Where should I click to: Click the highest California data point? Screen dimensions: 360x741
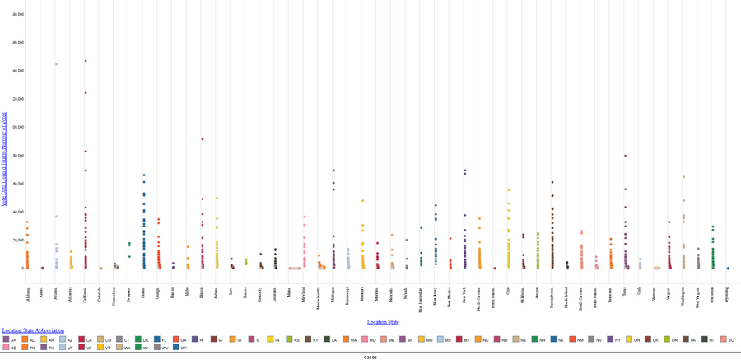click(x=86, y=61)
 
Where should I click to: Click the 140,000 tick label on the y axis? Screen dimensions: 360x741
click(x=16, y=71)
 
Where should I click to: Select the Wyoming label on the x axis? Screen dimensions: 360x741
click(x=728, y=294)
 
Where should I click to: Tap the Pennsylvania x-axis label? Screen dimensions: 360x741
click(x=552, y=297)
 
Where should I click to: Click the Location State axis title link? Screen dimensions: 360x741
click(x=383, y=322)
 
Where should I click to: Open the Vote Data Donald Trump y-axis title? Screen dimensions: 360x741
click(x=4, y=159)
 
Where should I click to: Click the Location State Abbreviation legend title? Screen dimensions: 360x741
click(x=33, y=330)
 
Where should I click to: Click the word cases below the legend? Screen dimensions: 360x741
click(x=370, y=357)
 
